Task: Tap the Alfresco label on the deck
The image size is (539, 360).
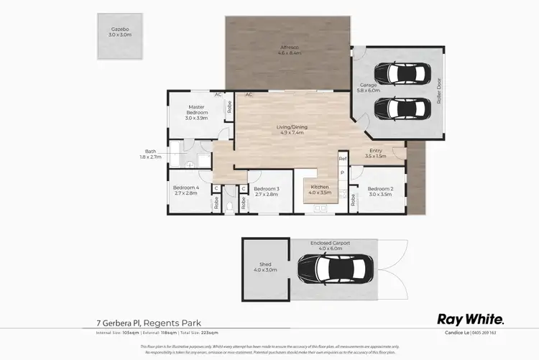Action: pyautogui.click(x=290, y=51)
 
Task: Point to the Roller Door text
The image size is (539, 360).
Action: pyautogui.click(x=438, y=92)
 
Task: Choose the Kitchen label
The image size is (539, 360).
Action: pyautogui.click(x=319, y=190)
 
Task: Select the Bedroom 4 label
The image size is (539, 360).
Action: pyautogui.click(x=186, y=190)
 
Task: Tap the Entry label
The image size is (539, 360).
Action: pyautogui.click(x=375, y=153)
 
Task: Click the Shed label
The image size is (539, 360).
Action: pyautogui.click(x=265, y=267)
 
